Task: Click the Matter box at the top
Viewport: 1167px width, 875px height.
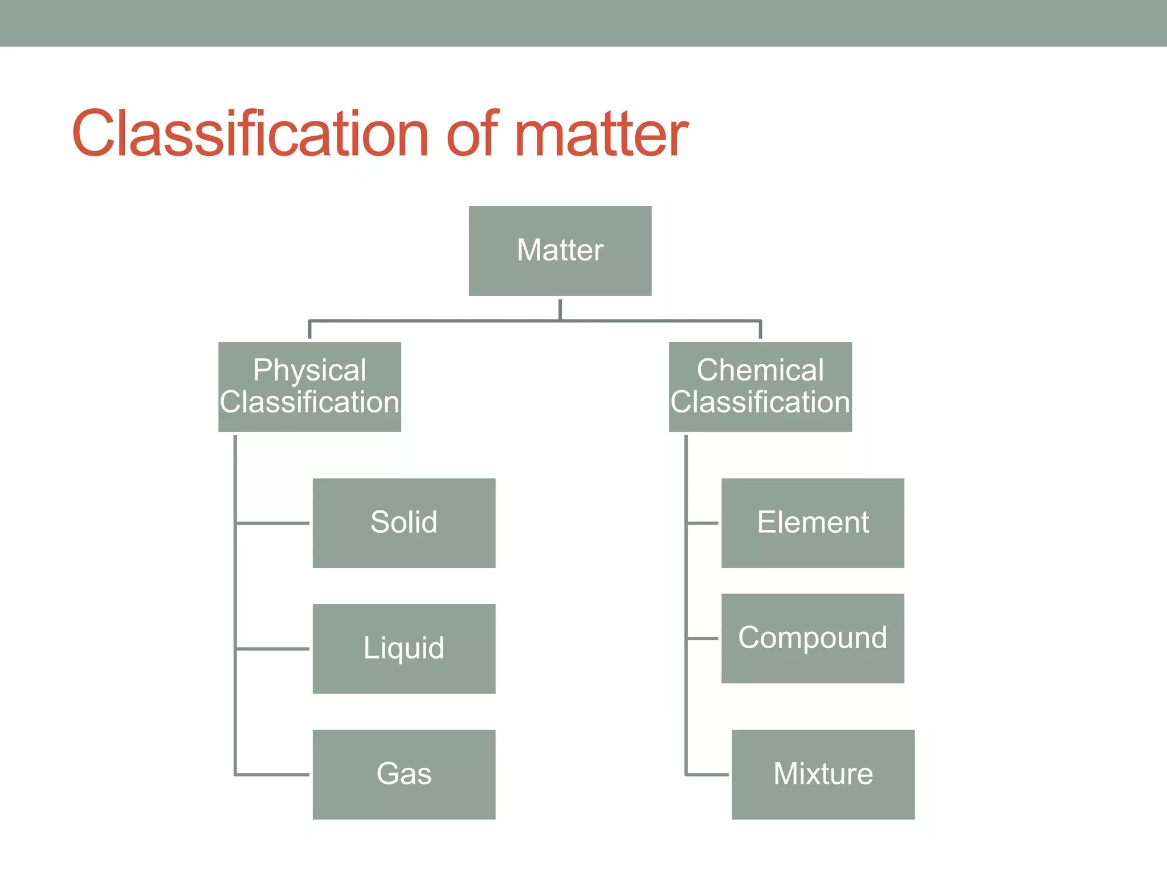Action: point(560,251)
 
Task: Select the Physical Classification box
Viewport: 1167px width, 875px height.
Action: point(309,387)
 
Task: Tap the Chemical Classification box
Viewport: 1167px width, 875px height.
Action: point(760,387)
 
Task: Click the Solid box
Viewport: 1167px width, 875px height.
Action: point(404,523)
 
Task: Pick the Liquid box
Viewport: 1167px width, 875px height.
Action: point(404,648)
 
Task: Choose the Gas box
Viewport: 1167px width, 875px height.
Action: point(404,774)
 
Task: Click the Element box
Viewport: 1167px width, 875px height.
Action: point(813,523)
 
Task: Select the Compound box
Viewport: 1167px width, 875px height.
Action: point(813,638)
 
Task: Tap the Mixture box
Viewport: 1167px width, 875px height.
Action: point(823,774)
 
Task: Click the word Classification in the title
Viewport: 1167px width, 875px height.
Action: point(250,134)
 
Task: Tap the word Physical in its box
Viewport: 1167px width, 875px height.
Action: point(309,371)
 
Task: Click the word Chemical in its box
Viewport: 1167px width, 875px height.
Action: point(760,370)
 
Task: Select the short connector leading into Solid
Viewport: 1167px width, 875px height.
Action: point(272,522)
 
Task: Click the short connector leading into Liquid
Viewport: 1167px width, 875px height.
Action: point(272,648)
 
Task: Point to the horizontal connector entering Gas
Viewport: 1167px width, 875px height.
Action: point(272,774)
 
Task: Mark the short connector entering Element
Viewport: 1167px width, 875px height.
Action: point(703,522)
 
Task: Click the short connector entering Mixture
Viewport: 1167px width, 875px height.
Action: point(707,774)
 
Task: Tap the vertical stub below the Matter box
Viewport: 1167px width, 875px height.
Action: point(560,309)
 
